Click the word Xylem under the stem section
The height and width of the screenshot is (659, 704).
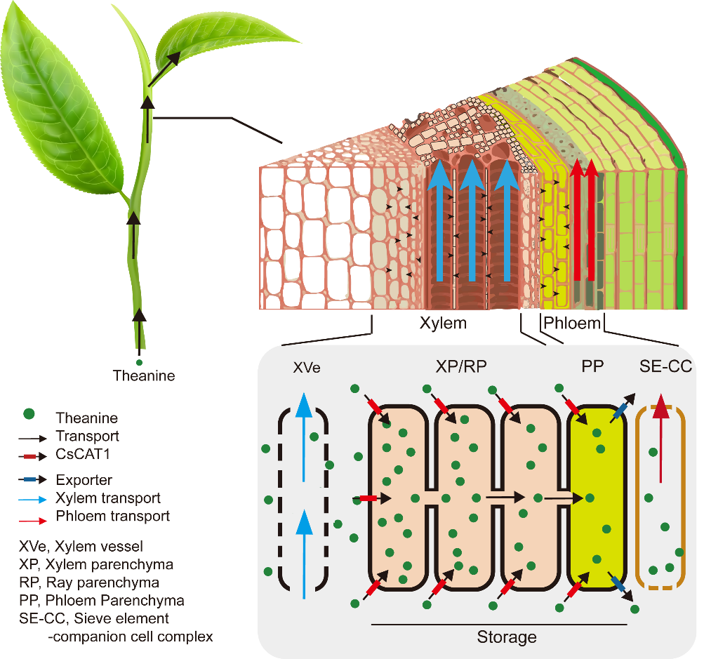point(443,324)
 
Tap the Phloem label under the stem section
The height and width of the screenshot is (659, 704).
point(572,324)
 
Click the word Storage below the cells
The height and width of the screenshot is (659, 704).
point(507,637)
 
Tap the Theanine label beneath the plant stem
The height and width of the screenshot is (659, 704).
point(144,376)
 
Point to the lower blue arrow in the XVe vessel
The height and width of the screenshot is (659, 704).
point(303,554)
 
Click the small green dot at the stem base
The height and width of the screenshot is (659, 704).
point(139,362)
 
